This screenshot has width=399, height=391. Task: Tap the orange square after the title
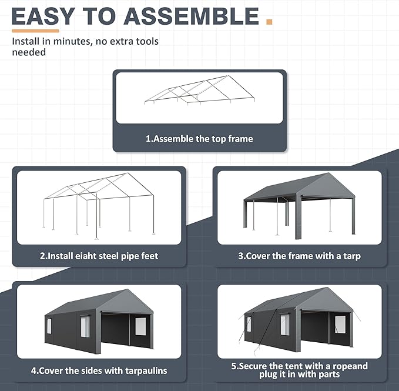click(269, 22)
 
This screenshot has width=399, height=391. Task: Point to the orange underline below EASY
click(35, 31)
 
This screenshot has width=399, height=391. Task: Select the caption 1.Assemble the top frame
click(199, 139)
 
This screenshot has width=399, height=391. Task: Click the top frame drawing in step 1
click(188, 91)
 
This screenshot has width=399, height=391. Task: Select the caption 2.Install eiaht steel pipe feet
click(99, 256)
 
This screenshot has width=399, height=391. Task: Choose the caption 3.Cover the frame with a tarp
click(299, 256)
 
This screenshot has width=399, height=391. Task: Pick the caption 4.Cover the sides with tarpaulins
click(99, 370)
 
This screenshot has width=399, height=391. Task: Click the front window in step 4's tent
click(140, 325)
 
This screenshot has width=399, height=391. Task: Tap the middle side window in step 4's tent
click(85, 326)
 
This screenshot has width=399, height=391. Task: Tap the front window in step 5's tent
click(340, 324)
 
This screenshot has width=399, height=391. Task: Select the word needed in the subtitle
click(29, 52)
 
